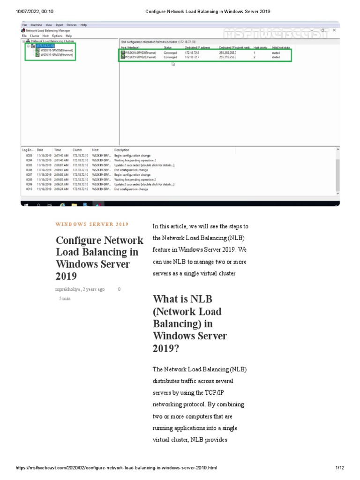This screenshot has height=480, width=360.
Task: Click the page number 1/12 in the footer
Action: (340, 468)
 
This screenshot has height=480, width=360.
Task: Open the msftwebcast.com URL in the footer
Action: (117, 468)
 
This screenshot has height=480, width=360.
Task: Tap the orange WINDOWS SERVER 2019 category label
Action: (92, 225)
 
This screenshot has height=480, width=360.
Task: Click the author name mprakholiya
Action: (67, 289)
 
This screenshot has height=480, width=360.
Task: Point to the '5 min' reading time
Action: (65, 299)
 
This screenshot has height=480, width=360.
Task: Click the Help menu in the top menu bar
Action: (83, 25)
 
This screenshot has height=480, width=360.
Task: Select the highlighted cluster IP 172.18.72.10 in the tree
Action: (45, 45)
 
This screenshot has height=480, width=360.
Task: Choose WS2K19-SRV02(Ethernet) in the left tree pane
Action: (57, 55)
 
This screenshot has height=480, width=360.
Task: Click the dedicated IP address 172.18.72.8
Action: (192, 53)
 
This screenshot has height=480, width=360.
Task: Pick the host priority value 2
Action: (255, 57)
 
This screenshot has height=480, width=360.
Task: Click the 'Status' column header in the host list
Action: (168, 48)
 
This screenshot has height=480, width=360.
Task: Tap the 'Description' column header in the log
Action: (121, 150)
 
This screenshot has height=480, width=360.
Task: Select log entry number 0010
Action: (29, 189)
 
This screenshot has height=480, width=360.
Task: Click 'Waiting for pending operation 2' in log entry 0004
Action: (135, 160)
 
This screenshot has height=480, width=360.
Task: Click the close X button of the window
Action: (334, 30)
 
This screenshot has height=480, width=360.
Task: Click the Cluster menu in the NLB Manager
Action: (35, 36)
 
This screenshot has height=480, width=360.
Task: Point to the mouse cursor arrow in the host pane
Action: (173, 64)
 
